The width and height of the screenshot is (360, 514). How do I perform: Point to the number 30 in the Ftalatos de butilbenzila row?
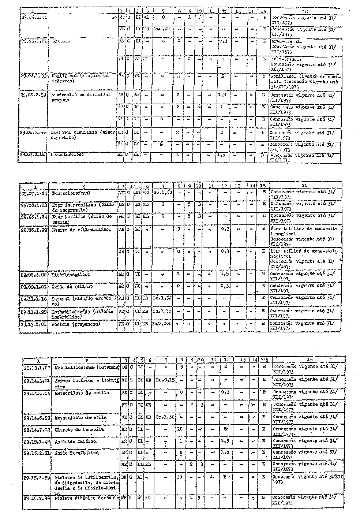point(179,478)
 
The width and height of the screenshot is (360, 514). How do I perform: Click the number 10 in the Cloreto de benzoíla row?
point(179,428)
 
